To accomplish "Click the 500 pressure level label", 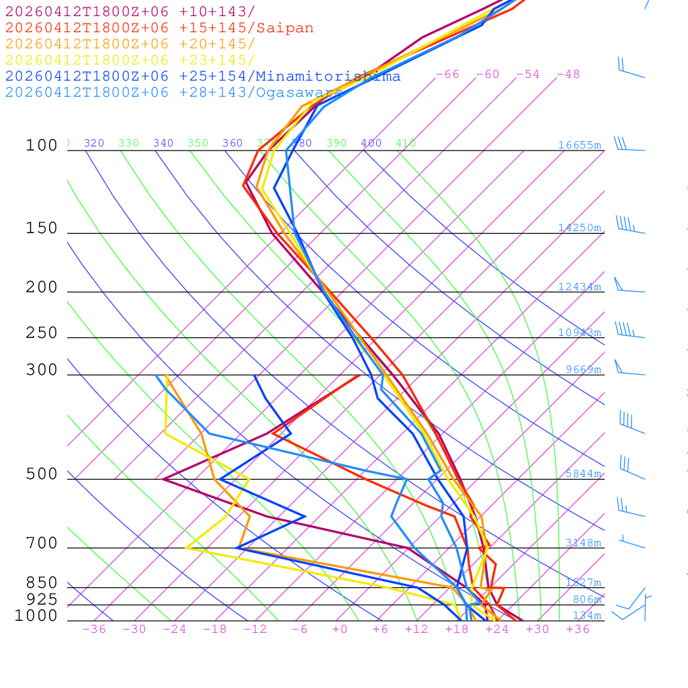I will click(42, 475).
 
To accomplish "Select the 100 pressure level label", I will click(42, 146).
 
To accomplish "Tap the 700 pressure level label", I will click(42, 544).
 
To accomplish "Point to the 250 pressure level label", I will click(42, 333).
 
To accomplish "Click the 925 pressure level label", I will click(42, 599).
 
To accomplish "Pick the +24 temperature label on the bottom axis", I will click(497, 630).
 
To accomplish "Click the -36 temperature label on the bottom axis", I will click(93, 630).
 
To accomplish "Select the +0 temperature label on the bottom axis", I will click(340, 630).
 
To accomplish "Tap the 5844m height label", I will click(583, 474).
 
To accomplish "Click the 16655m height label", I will click(580, 145).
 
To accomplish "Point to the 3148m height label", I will click(583, 543).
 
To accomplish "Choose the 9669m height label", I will click(583, 370).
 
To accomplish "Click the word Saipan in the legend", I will click(286, 28).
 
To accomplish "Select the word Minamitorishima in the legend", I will click(328, 77).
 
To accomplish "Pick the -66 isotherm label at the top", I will click(447, 75).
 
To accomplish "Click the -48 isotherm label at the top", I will click(568, 75).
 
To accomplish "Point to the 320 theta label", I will click(94, 143).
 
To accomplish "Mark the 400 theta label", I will click(371, 143).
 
